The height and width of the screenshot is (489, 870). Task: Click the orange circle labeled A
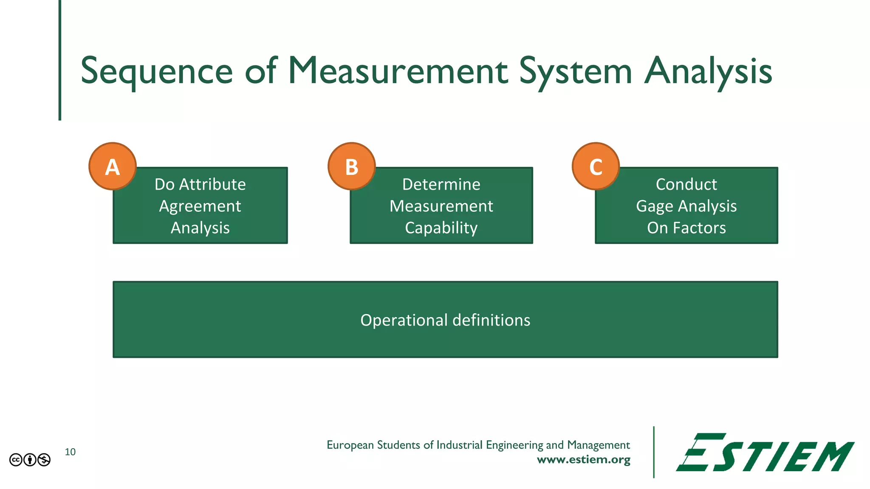coord(113,166)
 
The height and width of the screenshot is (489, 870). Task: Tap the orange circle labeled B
coord(352,166)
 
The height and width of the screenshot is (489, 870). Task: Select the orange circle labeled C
coord(596,166)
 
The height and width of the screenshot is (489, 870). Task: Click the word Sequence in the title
coord(157,71)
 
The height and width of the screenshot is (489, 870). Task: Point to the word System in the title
coord(576,71)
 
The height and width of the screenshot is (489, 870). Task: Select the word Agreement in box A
coord(200,206)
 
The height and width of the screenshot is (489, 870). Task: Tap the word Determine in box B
coord(441,184)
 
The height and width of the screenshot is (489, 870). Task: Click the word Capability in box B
coord(441,228)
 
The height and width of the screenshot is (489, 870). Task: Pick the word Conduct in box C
coord(686,184)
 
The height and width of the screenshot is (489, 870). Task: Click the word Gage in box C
coord(655,206)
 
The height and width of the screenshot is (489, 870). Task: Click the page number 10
coord(70,452)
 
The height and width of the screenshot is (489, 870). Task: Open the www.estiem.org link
coord(584,460)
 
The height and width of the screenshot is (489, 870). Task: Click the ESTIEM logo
coord(765,452)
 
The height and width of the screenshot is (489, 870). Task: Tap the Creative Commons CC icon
coord(16,460)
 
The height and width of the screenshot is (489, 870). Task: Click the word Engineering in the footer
coord(514,445)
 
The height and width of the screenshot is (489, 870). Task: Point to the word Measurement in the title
coord(398,71)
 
